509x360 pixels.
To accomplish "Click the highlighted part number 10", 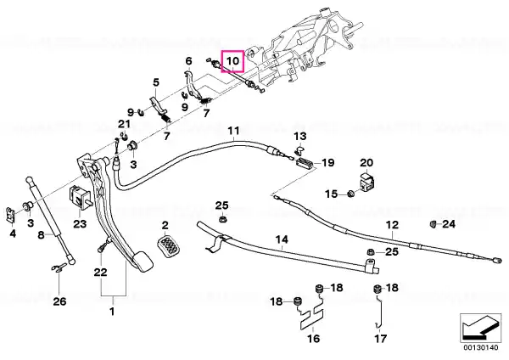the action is [232, 61].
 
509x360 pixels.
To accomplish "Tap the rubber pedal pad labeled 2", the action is [169, 246].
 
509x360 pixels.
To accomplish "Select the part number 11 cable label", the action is [233, 131].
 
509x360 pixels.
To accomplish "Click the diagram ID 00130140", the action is [481, 348].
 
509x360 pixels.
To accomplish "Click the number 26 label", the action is [59, 301].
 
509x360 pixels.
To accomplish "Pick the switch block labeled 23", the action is [80, 198].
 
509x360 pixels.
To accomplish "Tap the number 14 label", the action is [282, 239].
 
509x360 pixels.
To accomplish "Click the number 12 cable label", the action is [392, 225].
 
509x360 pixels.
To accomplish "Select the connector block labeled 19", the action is [305, 162].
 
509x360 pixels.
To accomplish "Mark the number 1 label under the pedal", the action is [112, 312].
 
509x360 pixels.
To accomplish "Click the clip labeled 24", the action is [433, 224].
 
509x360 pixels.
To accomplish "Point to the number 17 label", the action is [380, 339].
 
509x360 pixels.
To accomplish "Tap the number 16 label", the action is [313, 338].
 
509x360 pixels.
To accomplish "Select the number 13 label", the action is [300, 136].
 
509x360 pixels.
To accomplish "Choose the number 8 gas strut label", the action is [41, 234].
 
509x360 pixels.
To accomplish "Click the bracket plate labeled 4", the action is [11, 215].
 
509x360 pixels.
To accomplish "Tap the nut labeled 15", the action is [350, 194].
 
